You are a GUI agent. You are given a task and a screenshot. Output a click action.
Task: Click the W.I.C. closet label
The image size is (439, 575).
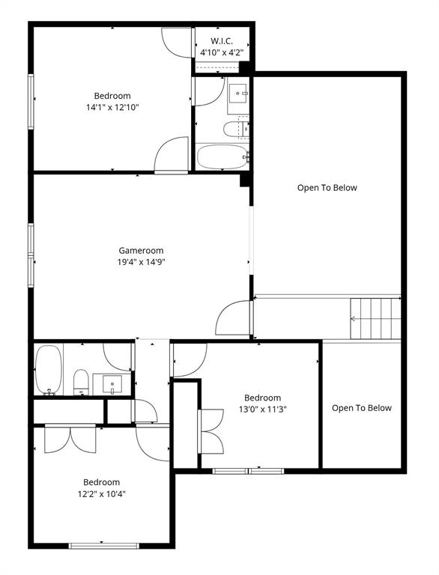222,40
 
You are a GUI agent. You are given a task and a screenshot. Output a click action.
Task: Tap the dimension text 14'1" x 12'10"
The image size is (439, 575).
112,107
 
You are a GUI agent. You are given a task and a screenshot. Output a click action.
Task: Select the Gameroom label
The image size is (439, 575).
141,251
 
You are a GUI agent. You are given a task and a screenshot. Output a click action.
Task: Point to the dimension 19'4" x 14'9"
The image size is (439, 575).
141,262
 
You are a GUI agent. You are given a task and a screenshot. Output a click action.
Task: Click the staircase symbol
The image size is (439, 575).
376,318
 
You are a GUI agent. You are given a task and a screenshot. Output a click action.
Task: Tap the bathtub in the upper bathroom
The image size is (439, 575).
222,157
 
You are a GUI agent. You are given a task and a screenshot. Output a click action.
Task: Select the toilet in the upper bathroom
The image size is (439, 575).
233,130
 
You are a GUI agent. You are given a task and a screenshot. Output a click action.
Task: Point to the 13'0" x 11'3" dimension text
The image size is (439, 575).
262,410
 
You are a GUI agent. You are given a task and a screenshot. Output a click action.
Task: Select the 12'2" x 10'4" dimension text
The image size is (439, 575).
101,493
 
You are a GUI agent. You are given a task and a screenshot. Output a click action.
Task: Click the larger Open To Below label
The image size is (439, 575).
327,188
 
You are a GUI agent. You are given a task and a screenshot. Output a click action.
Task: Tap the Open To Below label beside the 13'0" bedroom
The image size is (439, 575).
362,408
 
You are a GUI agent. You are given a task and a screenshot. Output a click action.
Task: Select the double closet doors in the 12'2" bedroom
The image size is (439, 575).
70,439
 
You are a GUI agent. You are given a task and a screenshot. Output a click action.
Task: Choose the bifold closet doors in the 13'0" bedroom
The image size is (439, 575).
211,432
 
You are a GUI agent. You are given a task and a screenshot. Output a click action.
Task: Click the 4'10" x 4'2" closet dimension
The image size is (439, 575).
222,52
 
